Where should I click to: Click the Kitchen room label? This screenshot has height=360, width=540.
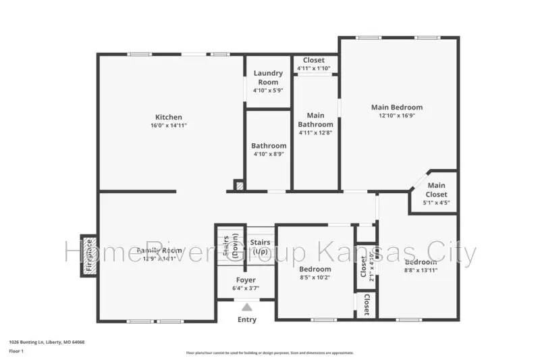point(169,117)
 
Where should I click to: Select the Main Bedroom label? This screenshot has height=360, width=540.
point(397,107)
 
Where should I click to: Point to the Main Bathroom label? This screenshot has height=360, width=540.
point(315,120)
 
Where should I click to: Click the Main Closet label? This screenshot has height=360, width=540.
point(436,190)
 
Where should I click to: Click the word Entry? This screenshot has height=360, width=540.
point(247,319)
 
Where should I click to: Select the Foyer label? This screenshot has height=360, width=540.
point(246,280)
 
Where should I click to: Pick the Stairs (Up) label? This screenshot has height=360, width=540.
point(261,246)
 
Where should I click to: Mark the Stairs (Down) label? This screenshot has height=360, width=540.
point(230,247)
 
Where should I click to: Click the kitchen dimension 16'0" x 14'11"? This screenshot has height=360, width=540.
point(169,126)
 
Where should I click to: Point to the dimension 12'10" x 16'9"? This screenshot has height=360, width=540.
point(397,115)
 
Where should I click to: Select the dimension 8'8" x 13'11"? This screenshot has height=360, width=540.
point(420,271)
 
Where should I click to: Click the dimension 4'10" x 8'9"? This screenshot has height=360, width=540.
point(269,154)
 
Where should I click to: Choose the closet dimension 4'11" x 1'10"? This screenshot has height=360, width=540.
point(313,68)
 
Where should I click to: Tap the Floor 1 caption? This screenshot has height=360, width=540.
point(16,351)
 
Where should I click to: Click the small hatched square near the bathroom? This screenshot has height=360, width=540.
point(238,184)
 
